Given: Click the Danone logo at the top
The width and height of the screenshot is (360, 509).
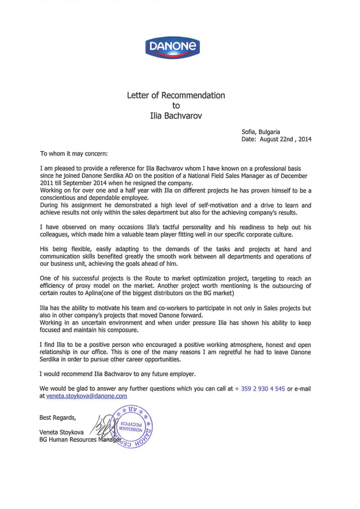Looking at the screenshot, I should click(x=172, y=47).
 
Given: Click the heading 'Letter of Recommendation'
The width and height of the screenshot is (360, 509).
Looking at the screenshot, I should click(x=175, y=95).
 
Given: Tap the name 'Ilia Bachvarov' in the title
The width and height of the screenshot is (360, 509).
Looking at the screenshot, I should click(x=175, y=116).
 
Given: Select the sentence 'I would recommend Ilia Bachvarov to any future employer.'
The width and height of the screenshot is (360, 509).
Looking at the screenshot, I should click(x=118, y=374).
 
